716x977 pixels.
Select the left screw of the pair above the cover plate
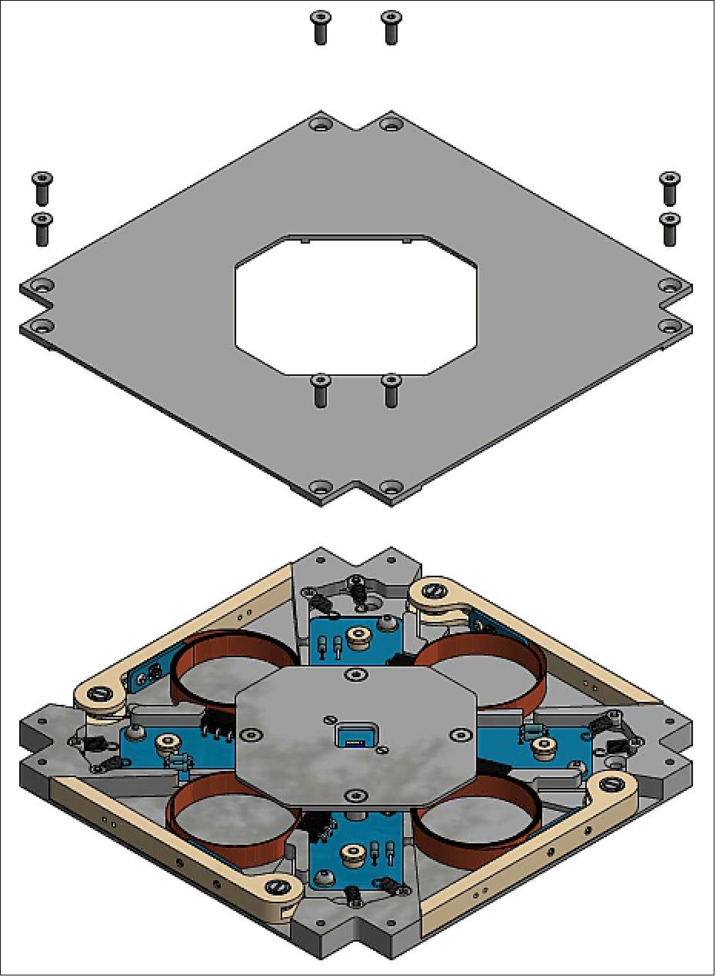point(320,27)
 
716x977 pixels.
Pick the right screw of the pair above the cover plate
point(391,27)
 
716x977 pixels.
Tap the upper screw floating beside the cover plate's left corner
point(42,188)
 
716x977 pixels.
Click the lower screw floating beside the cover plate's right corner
point(670,228)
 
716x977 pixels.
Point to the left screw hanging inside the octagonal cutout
point(320,390)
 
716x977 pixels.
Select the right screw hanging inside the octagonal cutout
point(391,390)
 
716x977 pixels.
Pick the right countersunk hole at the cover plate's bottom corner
point(391,488)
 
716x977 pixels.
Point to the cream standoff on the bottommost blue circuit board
point(354,852)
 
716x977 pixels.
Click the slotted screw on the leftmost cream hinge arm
point(97,694)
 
